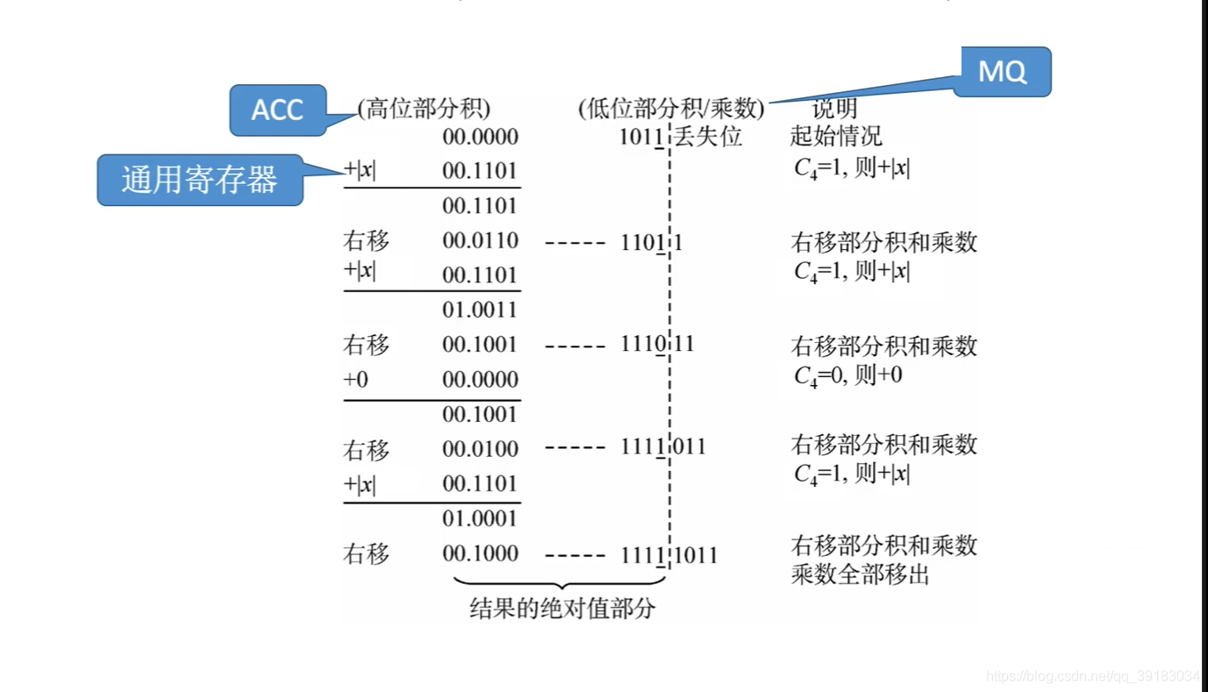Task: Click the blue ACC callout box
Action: [x=277, y=110]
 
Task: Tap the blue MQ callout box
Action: [x=1002, y=71]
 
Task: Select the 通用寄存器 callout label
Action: [x=199, y=180]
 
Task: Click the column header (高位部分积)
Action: [x=424, y=109]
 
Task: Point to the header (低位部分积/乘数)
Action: [x=671, y=109]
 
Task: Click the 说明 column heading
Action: [x=833, y=109]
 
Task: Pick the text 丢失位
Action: [x=708, y=137]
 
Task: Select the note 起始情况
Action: [x=835, y=137]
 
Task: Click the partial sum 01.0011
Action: [x=480, y=310]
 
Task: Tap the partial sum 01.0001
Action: [x=480, y=518]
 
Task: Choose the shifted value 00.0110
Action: [x=480, y=240]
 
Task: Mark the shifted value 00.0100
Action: [x=480, y=449]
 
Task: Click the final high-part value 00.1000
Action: [x=480, y=553]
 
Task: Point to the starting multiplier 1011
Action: [x=640, y=137]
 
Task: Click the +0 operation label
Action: [x=355, y=380]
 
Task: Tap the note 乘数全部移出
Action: [x=860, y=575]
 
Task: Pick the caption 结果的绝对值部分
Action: [x=562, y=609]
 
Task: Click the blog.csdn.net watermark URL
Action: [x=1091, y=676]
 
